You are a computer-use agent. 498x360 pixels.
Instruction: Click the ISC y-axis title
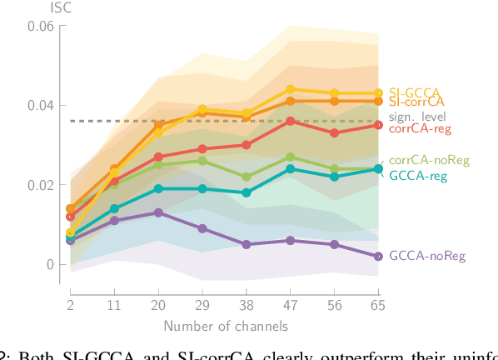click(x=38, y=7)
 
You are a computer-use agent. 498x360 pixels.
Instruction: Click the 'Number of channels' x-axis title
click(x=225, y=325)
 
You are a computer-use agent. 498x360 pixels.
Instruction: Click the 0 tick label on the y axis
click(x=49, y=264)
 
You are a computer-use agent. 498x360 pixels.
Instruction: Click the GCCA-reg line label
click(x=417, y=176)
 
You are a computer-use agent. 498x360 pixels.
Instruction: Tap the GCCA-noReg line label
click(x=421, y=257)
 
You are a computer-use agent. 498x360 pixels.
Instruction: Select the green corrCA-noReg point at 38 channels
click(x=246, y=177)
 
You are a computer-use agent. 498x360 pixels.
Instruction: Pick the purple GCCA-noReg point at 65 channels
click(x=379, y=256)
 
